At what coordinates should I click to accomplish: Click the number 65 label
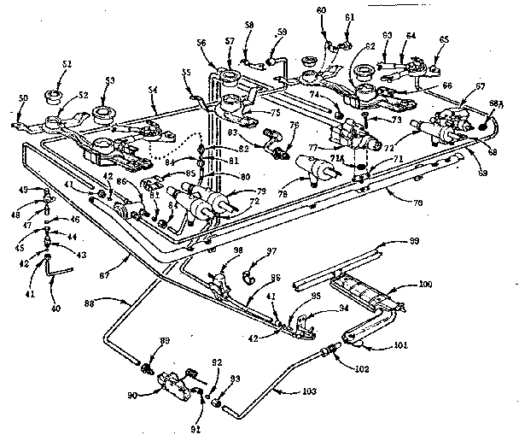tap(443, 40)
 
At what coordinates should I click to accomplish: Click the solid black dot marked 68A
tap(483, 125)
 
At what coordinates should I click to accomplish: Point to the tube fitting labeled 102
tap(329, 349)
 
